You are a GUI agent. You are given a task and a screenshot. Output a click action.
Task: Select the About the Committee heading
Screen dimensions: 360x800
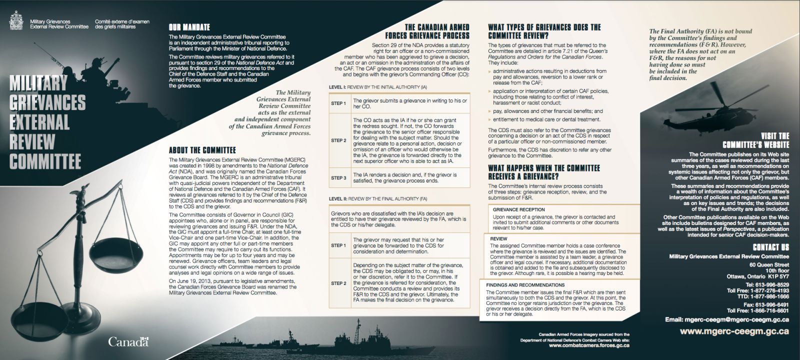pyautogui.click(x=202, y=150)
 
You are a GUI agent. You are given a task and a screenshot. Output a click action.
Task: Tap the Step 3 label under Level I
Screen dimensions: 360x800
pyautogui.click(x=338, y=177)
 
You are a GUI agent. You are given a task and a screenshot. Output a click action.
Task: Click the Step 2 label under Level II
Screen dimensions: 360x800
pyautogui.click(x=338, y=283)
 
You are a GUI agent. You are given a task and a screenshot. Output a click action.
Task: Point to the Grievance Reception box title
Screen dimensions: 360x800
pyautogui.click(x=518, y=209)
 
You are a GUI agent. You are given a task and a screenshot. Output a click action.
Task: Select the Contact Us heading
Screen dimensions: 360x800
pyautogui.click(x=770, y=247)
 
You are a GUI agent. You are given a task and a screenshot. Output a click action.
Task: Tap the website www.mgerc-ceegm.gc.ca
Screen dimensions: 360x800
pyautogui.click(x=734, y=331)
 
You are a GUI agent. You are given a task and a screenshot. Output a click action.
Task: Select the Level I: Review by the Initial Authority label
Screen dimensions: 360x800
pyautogui.click(x=377, y=87)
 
